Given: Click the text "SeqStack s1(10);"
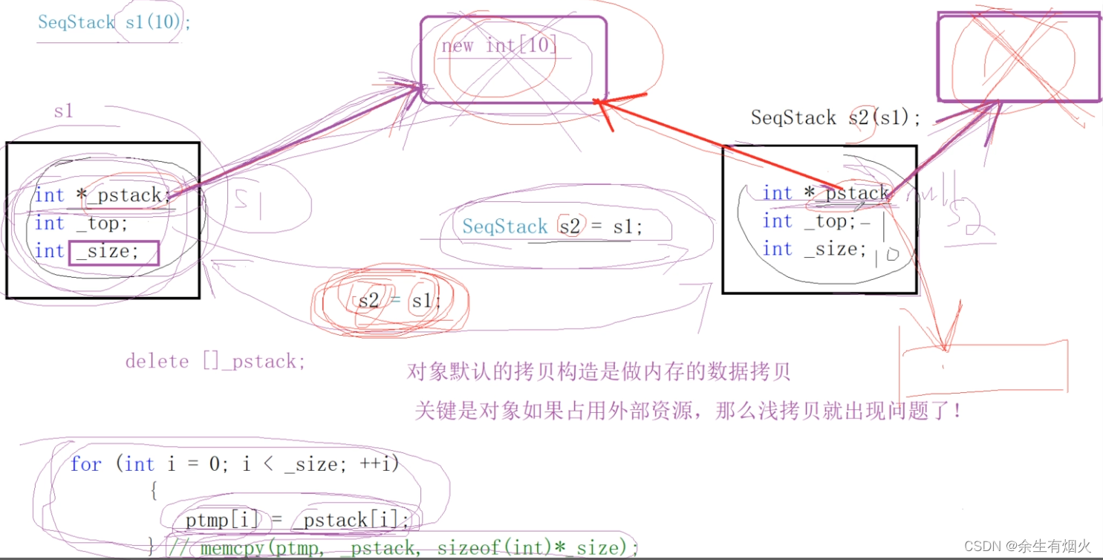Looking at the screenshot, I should pyautogui.click(x=114, y=22).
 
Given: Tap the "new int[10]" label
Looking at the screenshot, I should pyautogui.click(x=499, y=45).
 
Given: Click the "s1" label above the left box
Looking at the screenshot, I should pyautogui.click(x=64, y=111).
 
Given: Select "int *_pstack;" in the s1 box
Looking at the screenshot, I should pyautogui.click(x=103, y=195).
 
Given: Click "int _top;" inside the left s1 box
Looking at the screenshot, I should pyautogui.click(x=82, y=223).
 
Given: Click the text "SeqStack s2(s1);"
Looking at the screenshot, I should pyautogui.click(x=836, y=117).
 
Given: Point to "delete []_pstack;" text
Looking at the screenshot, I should pyautogui.click(x=215, y=362).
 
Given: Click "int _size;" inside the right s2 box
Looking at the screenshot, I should pyautogui.click(x=815, y=249).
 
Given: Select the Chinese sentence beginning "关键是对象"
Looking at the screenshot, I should pyautogui.click(x=688, y=411).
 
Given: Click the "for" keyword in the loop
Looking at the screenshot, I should pyautogui.click(x=85, y=465).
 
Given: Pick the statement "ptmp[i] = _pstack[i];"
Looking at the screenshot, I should pyautogui.click(x=297, y=520).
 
